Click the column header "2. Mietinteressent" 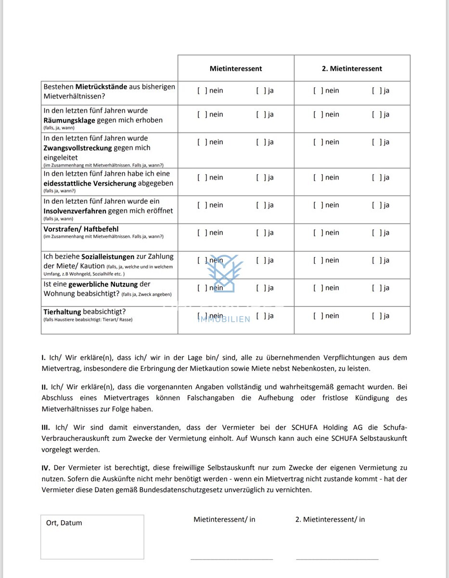click(352, 68)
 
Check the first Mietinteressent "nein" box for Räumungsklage click(202, 115)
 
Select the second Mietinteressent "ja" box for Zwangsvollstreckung click(376, 142)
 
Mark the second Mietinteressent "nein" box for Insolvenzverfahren click(318, 205)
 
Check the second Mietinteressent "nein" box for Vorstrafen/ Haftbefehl click(318, 233)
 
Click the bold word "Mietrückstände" click(102, 87)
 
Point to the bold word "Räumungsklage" click(69, 120)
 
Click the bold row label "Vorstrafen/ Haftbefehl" click(81, 229)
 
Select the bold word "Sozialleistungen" click(108, 257)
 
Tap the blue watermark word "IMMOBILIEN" click(224, 319)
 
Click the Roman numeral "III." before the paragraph click(47, 427)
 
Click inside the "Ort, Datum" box click(92, 539)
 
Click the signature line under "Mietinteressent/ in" click(231, 559)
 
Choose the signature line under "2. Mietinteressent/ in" click(337, 559)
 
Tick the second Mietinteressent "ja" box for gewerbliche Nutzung click(376, 288)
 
